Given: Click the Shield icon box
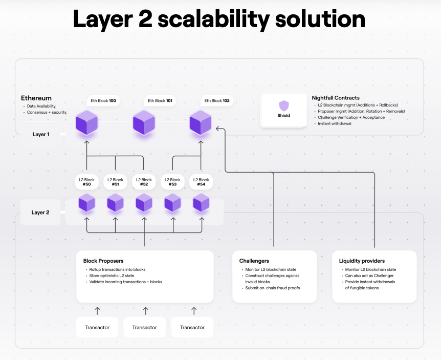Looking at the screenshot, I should pyautogui.click(x=284, y=110).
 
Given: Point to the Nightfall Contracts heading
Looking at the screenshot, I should pyautogui.click(x=336, y=98).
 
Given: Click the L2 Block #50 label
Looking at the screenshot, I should pyautogui.click(x=86, y=182).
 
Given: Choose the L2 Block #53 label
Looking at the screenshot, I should pyautogui.click(x=172, y=182).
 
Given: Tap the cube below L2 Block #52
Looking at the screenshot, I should pyautogui.click(x=144, y=203).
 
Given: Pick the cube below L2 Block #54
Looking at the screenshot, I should pyautogui.click(x=201, y=203).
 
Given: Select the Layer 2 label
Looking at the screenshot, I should pyautogui.click(x=40, y=212).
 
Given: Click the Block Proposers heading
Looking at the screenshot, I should pyautogui.click(x=103, y=261).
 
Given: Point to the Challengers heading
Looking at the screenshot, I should pyautogui.click(x=254, y=261).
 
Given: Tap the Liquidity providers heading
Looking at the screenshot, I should pyautogui.click(x=362, y=261).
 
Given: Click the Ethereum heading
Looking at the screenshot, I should pyautogui.click(x=36, y=98).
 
